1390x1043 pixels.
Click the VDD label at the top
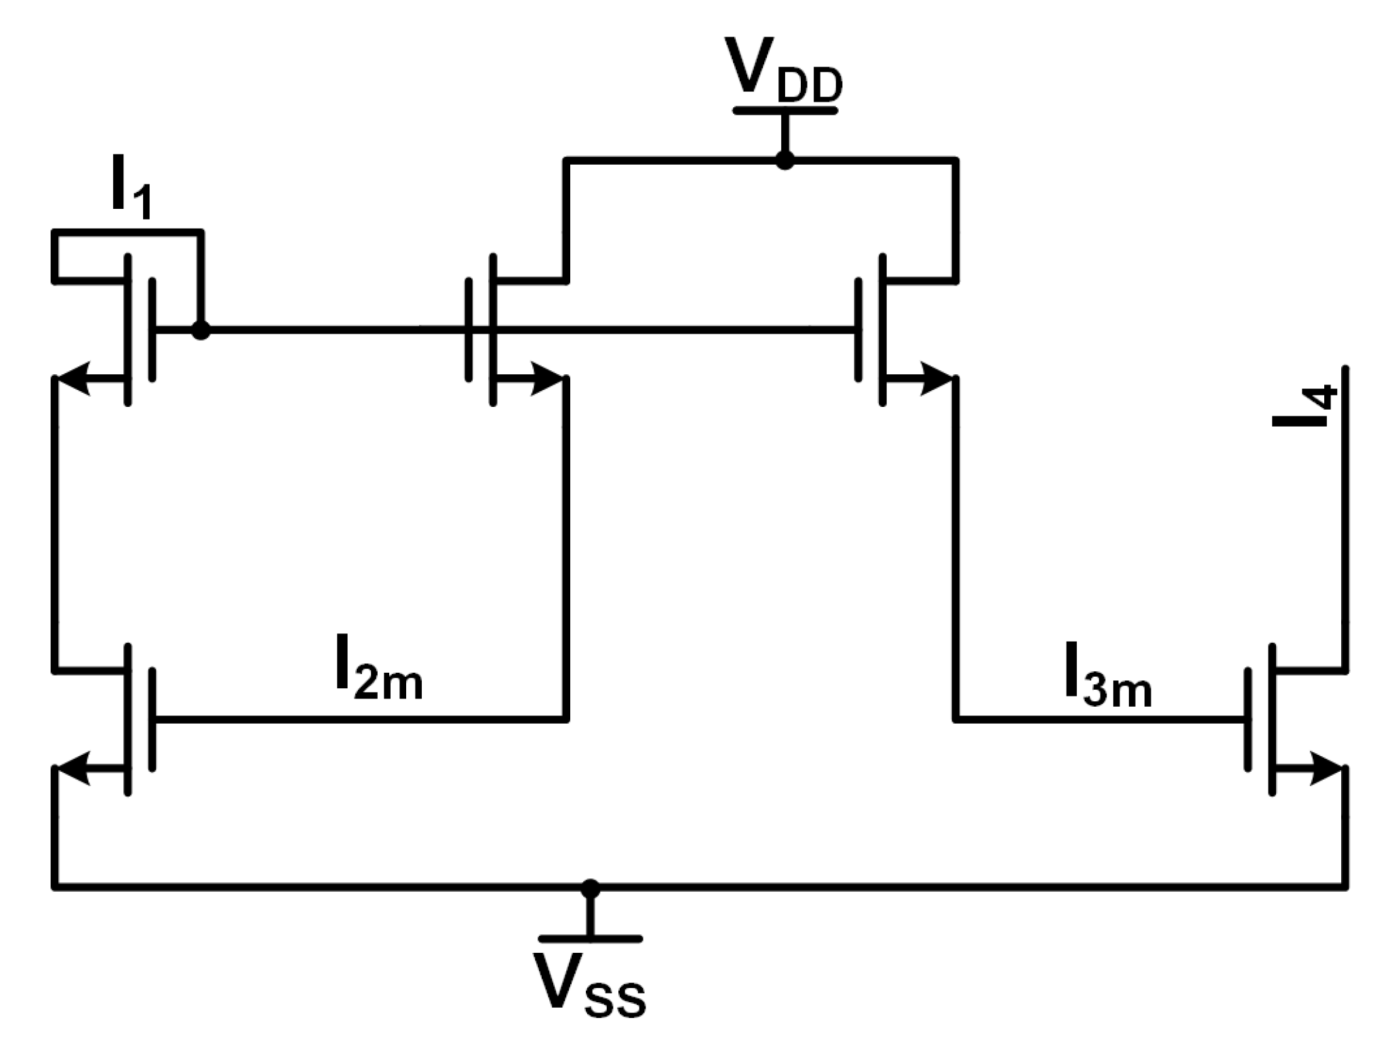[783, 71]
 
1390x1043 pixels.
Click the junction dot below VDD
[785, 161]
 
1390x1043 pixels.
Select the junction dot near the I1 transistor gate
[200, 330]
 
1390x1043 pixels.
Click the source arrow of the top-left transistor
[75, 378]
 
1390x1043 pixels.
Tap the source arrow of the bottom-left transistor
[75, 769]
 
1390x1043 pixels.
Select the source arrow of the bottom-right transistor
[1326, 769]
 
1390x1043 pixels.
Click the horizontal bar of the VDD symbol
[785, 111]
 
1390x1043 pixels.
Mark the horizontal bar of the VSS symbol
[590, 939]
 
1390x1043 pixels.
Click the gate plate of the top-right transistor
[859, 330]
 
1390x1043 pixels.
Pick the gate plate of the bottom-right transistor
[1248, 720]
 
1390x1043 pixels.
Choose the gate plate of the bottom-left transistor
[152, 720]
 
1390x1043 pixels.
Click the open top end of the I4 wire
[1345, 370]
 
